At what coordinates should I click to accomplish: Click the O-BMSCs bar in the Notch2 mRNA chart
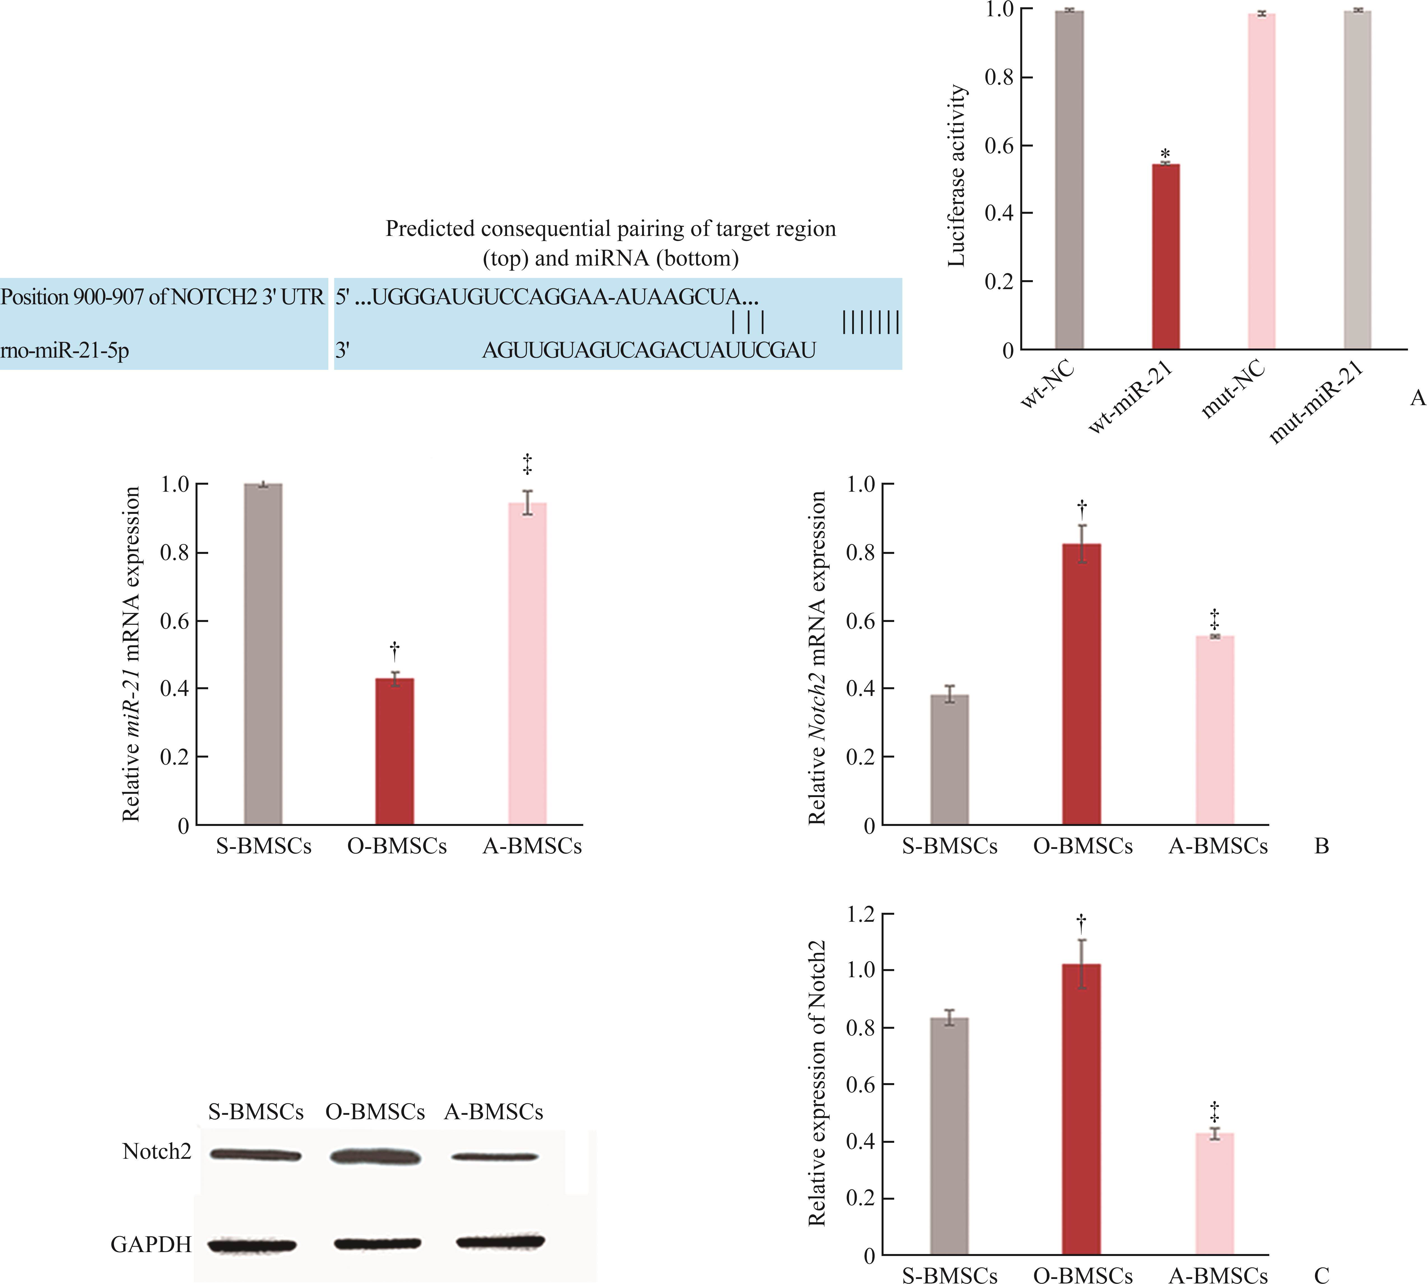tap(1081, 684)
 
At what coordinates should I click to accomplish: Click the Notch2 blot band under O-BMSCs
tap(375, 1157)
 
